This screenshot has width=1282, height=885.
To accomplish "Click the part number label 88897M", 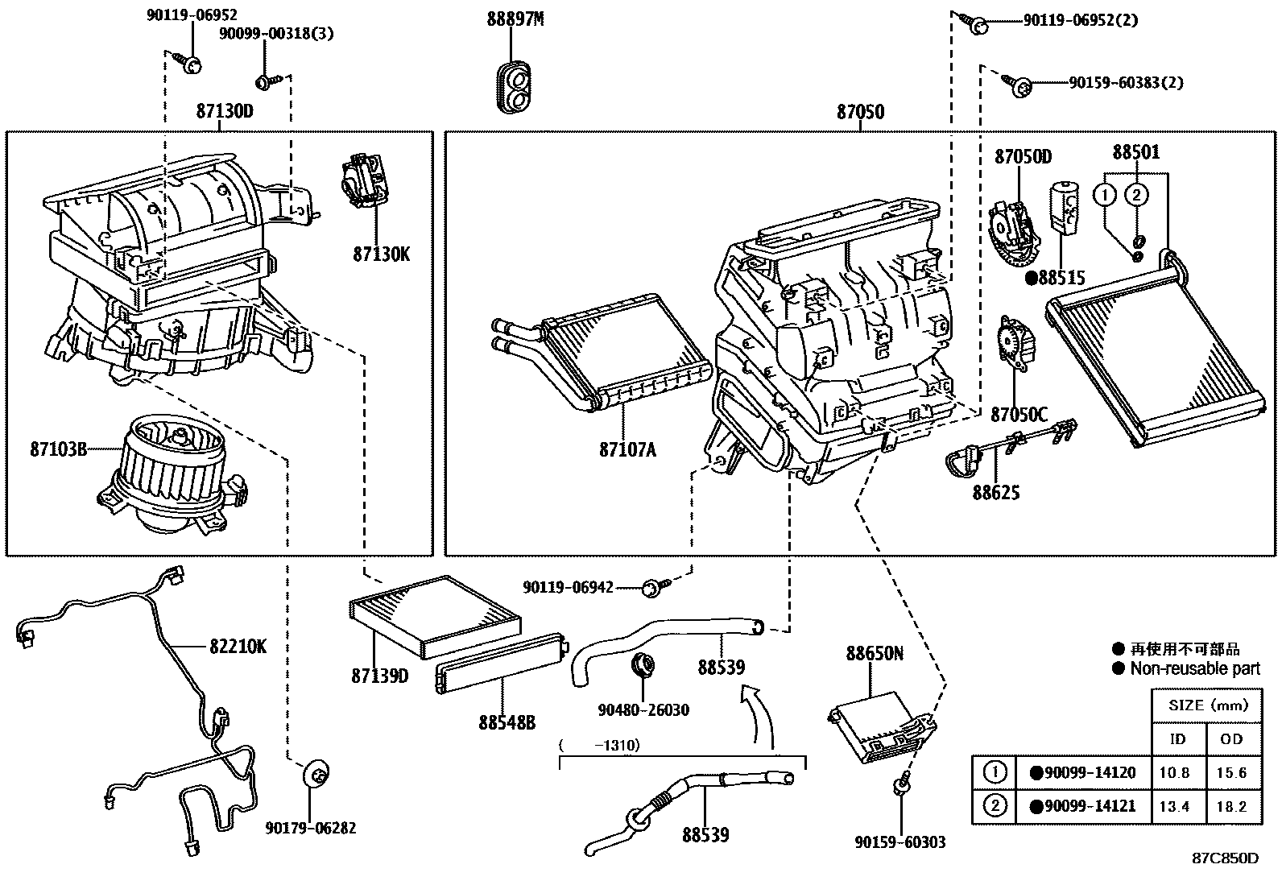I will click(x=515, y=19).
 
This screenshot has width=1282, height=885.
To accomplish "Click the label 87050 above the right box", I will click(x=859, y=112).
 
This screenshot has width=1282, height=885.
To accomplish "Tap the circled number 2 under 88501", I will click(x=1135, y=194).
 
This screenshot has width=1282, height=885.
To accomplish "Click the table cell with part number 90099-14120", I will click(x=1083, y=773).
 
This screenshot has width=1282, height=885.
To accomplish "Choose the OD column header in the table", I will click(x=1231, y=738).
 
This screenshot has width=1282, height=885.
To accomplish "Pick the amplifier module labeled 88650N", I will click(x=881, y=725).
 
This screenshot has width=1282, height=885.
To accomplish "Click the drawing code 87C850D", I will click(x=1225, y=858).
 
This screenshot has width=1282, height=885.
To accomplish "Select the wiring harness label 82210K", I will click(x=238, y=646).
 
